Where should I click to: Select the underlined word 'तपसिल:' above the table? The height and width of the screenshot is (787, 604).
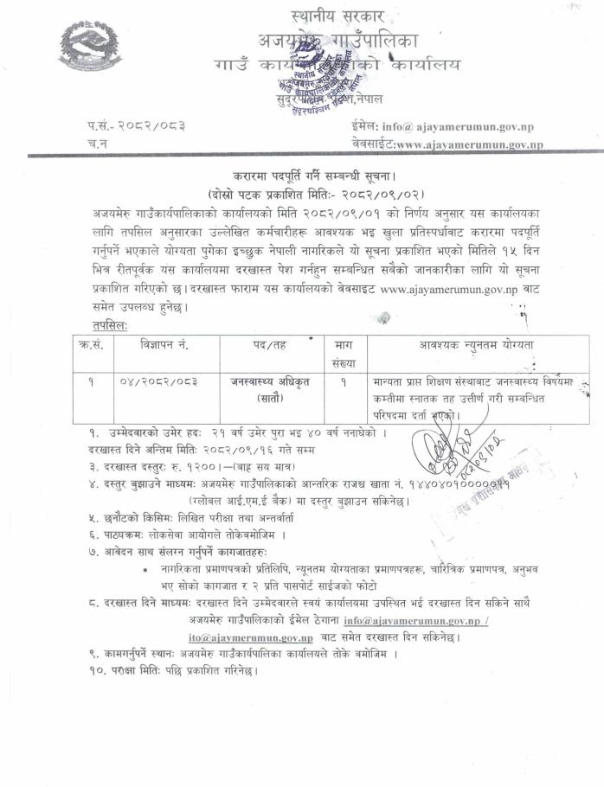click(x=110, y=323)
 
